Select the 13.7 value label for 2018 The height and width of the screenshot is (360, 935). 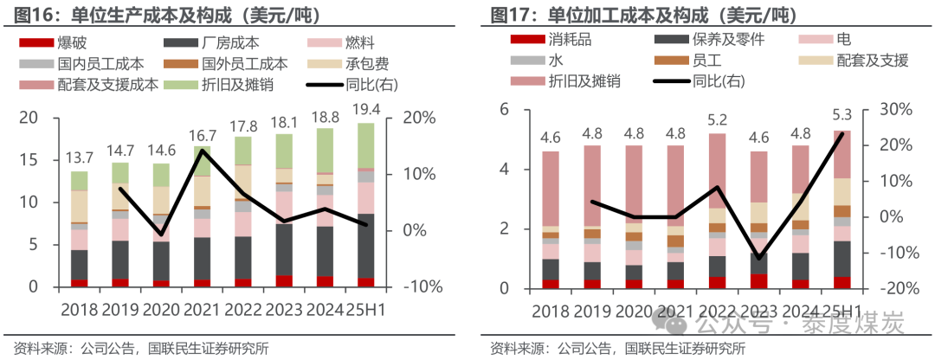click(x=80, y=157)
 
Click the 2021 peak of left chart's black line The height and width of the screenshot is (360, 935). click(x=203, y=151)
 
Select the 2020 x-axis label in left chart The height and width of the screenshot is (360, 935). click(x=162, y=309)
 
